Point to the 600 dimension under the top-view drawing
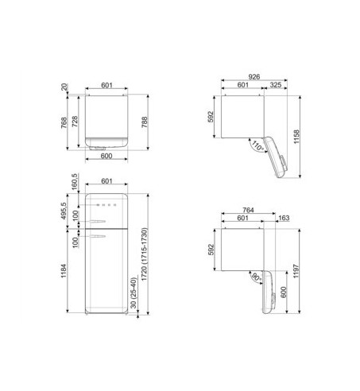[110, 156]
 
